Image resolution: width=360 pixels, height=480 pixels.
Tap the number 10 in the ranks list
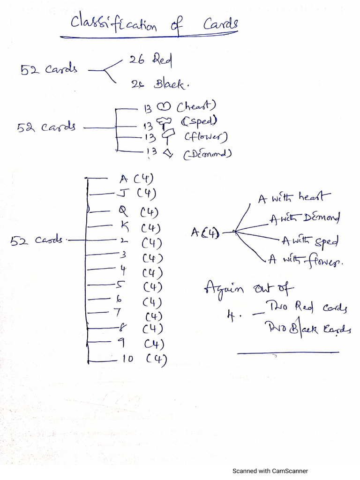point(127,359)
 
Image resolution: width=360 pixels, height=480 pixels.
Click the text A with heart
point(294,198)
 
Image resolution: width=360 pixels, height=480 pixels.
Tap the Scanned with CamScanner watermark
point(270,471)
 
